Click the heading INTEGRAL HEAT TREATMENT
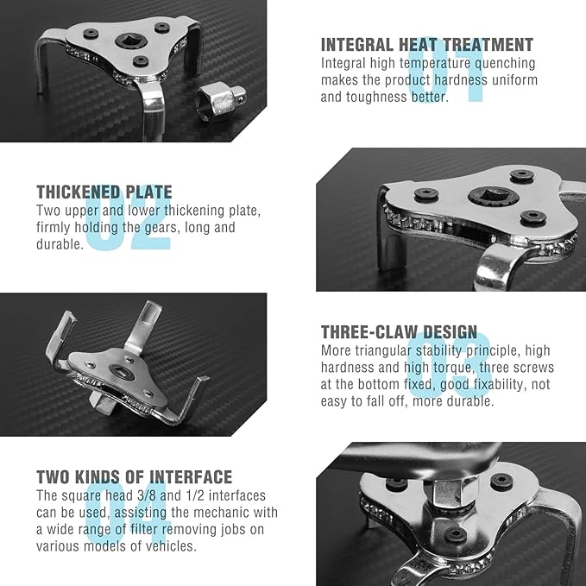click(427, 45)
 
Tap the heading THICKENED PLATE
click(104, 192)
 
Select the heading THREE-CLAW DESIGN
click(399, 332)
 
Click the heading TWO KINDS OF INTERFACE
click(134, 476)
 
